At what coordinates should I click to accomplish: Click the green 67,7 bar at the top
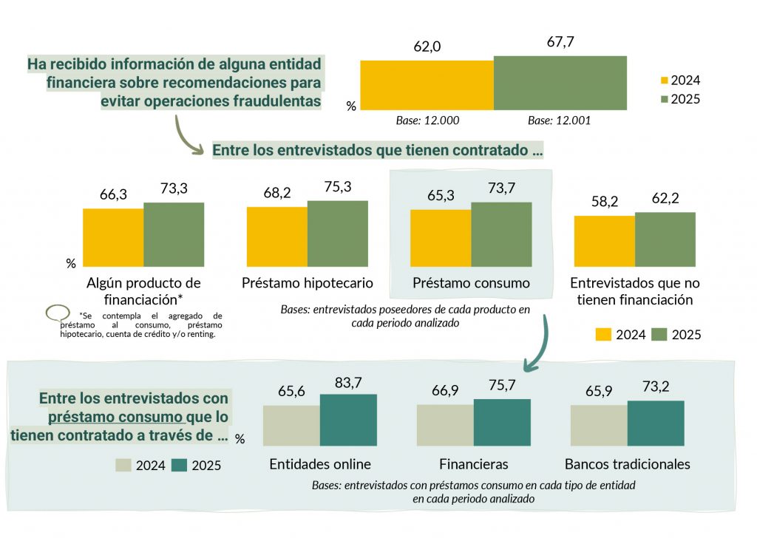(x=560, y=83)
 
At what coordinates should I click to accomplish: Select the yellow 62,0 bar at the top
(x=427, y=85)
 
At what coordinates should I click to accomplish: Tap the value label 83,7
(x=348, y=383)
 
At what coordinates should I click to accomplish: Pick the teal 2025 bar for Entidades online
(x=348, y=420)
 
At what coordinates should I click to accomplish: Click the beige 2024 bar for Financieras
(x=445, y=425)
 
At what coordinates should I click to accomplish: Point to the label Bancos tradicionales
(x=627, y=464)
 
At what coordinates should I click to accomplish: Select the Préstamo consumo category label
(x=471, y=283)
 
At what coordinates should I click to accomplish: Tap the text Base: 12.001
(x=560, y=120)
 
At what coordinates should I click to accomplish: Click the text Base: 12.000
(x=427, y=120)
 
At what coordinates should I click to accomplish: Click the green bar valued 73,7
(x=501, y=234)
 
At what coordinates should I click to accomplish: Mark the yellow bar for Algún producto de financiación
(x=113, y=237)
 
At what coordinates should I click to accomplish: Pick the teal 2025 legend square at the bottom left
(x=179, y=466)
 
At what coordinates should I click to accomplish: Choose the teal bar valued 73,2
(x=656, y=423)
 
